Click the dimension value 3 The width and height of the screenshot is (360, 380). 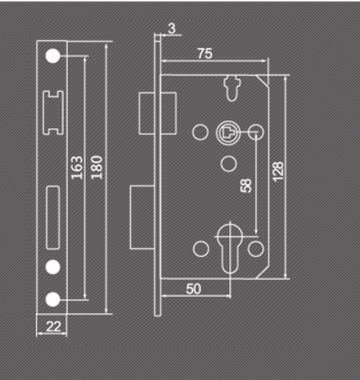pos(171,29)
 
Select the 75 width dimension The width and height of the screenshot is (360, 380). pos(205,54)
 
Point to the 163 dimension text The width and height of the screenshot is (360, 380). pos(77,167)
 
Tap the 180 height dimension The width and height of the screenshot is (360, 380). pos(97,167)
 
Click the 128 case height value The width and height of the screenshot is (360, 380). pos(278,171)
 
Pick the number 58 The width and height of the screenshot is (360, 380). pos(246,185)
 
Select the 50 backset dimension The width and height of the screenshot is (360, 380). pos(194,289)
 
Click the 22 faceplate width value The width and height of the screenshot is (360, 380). pos(53,326)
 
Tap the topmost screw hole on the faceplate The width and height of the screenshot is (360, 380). pos(53,56)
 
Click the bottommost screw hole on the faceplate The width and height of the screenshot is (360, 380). pos(53,299)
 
